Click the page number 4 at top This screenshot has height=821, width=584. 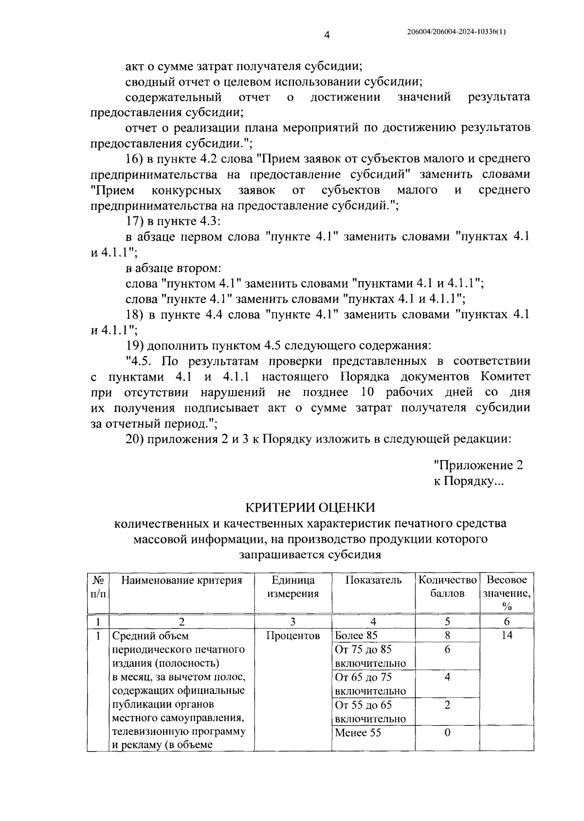(327, 35)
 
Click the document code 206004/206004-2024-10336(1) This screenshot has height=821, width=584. (456, 32)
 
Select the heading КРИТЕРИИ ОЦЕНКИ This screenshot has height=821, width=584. (310, 507)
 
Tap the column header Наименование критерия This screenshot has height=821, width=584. (182, 580)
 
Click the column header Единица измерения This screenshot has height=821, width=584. (293, 587)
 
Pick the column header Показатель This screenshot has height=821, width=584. (373, 580)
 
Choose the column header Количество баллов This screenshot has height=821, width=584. (447, 587)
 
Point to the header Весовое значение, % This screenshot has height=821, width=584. (507, 593)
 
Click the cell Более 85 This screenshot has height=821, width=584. (356, 635)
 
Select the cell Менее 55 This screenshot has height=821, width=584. (358, 732)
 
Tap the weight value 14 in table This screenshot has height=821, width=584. (507, 635)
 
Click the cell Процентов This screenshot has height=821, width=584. (293, 635)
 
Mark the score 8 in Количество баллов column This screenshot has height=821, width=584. (447, 635)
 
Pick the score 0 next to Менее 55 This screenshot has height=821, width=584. (447, 732)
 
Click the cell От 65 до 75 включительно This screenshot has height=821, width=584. (370, 684)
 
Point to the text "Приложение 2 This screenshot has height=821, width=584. (478, 465)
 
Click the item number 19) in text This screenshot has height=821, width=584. (135, 346)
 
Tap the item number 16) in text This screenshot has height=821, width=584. (135, 159)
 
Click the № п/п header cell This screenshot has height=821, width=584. (98, 587)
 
